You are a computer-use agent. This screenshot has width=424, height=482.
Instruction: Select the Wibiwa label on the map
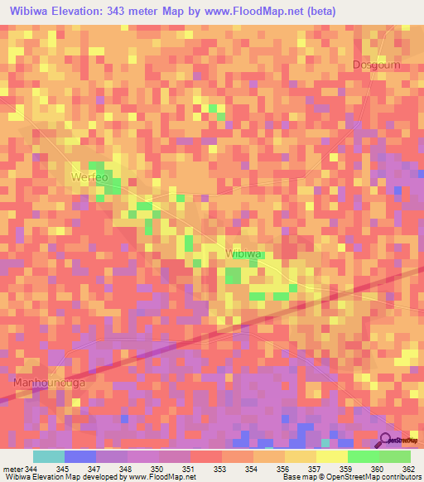click(243, 253)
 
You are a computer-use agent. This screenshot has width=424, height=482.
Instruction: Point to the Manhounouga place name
click(49, 383)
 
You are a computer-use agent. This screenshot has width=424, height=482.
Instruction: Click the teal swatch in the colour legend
click(48, 456)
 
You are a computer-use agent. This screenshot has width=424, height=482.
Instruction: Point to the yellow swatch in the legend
click(331, 456)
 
